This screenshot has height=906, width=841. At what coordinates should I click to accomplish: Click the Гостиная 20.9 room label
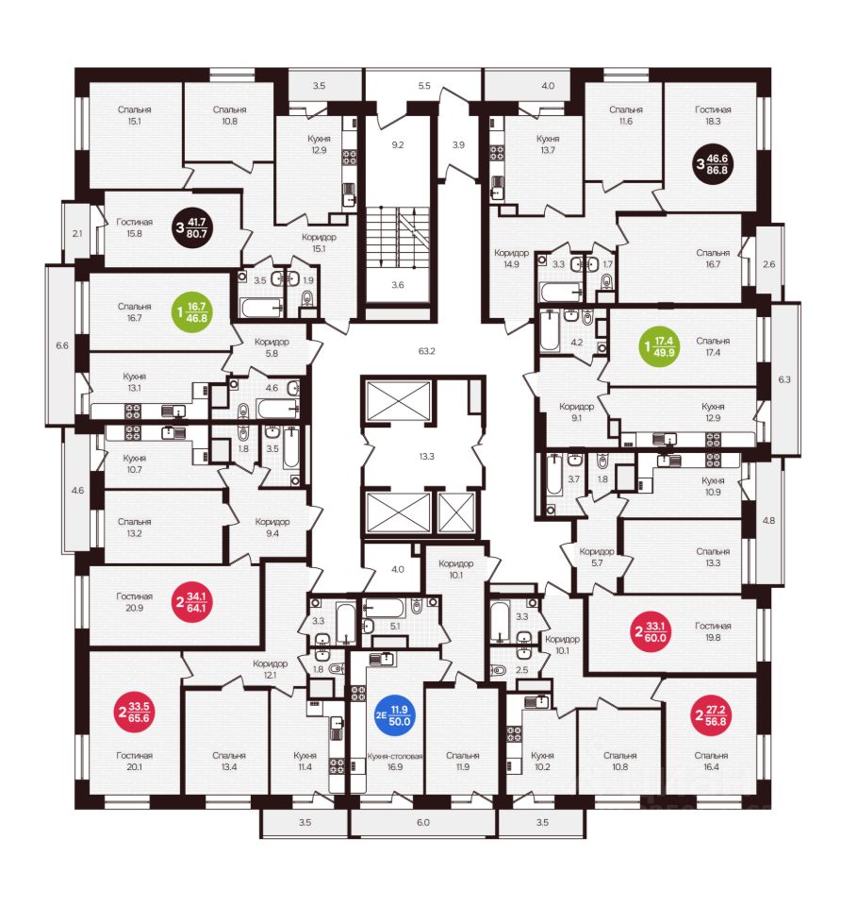tap(135, 602)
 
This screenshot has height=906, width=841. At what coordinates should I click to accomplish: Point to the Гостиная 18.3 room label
tap(714, 115)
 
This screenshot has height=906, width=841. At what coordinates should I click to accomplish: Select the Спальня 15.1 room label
tap(135, 115)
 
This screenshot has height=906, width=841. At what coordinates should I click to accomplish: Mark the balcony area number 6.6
tap(62, 345)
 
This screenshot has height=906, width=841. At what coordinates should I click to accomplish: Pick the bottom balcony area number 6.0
tap(422, 823)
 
